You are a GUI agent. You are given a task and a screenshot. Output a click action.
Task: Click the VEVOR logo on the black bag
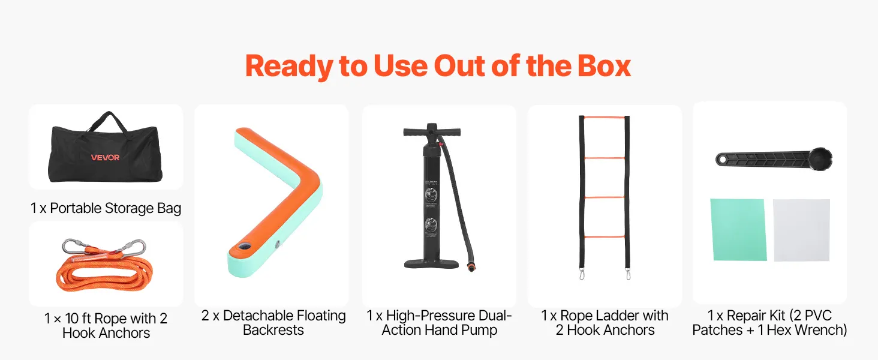(105, 157)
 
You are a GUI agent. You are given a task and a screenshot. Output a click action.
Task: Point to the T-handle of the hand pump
(432, 131)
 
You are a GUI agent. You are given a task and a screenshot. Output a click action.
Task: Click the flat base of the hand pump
(431, 264)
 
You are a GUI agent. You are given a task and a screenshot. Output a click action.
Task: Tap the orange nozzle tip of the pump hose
(471, 268)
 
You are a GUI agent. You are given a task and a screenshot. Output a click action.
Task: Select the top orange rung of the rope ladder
(604, 117)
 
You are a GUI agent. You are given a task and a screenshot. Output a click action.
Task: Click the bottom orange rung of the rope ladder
(605, 237)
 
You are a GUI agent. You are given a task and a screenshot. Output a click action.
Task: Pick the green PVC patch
(738, 230)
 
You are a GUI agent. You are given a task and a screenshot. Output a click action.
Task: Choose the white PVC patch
(802, 230)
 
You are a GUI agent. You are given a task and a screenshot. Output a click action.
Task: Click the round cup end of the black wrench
(820, 159)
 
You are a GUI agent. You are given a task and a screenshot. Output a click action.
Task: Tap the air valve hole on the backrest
(244, 247)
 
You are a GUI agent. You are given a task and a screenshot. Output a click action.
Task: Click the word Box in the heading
(604, 66)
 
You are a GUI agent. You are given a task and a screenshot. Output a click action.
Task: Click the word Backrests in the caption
(273, 330)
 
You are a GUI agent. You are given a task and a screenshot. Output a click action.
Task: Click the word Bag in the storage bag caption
(169, 209)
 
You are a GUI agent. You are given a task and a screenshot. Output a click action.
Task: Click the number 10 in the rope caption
(72, 319)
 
